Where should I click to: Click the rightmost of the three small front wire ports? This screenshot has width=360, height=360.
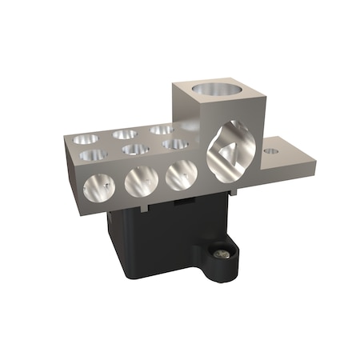tap(180, 174)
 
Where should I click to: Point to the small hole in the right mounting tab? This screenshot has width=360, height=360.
tap(272, 149)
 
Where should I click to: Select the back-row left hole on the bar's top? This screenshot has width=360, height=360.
tap(86, 139)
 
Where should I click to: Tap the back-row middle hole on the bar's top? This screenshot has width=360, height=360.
tap(124, 134)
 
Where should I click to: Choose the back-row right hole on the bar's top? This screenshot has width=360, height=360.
tap(161, 129)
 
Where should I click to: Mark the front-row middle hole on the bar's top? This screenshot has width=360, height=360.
tap(135, 149)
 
